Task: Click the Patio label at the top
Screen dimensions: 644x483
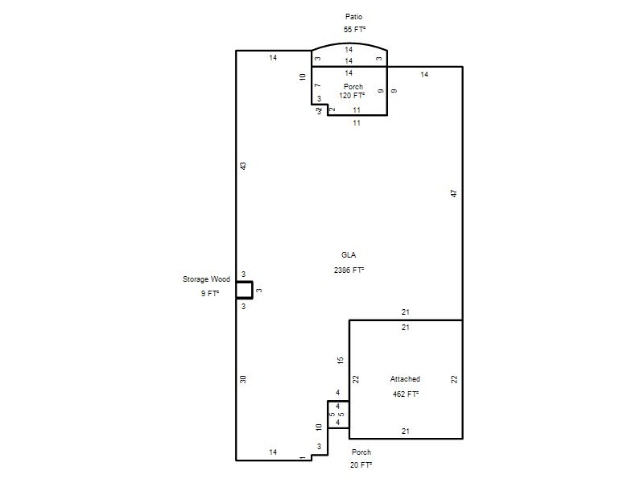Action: click(353, 17)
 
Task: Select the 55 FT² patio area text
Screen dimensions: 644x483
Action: click(354, 30)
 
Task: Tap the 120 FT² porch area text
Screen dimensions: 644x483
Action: click(352, 96)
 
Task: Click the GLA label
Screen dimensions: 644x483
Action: click(349, 255)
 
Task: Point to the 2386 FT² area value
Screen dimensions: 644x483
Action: click(349, 270)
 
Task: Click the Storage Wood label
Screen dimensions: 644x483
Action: click(206, 279)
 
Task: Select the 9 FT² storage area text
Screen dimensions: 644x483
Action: click(210, 293)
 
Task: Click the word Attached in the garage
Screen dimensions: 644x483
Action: click(405, 379)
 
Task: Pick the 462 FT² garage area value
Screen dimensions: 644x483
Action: click(406, 394)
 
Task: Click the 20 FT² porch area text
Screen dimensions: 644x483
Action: click(361, 465)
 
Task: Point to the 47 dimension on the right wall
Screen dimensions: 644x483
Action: click(454, 193)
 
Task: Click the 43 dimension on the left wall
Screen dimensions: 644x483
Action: click(243, 166)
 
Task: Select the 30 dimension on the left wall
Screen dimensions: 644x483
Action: click(243, 379)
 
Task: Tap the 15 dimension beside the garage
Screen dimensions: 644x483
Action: click(340, 360)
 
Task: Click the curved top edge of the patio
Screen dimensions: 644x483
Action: click(349, 43)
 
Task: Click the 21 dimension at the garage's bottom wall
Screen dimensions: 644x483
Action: click(406, 431)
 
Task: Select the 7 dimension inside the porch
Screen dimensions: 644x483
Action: click(317, 85)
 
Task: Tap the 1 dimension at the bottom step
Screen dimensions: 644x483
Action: click(303, 458)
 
